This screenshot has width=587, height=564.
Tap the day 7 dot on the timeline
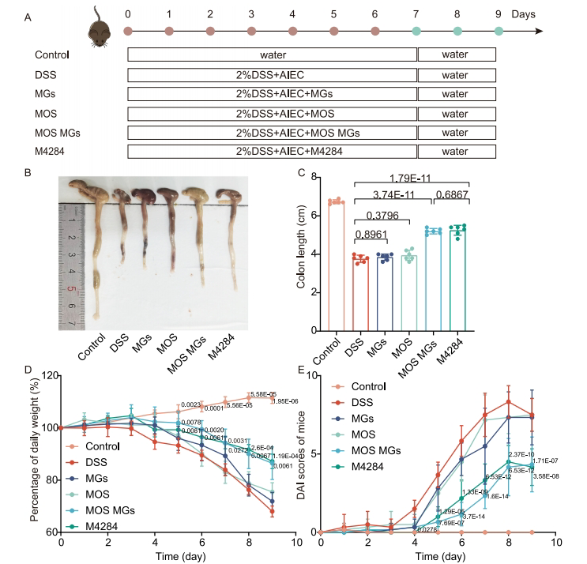pyautogui.click(x=416, y=32)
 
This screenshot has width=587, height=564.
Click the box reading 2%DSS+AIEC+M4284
pyautogui.click(x=273, y=150)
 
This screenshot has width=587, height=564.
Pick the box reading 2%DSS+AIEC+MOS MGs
pyautogui.click(x=273, y=131)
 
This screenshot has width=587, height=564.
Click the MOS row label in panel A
pyautogui.click(x=47, y=113)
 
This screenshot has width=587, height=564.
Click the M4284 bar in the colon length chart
pyautogui.click(x=457, y=280)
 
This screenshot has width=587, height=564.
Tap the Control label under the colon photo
pyautogui.click(x=86, y=356)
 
